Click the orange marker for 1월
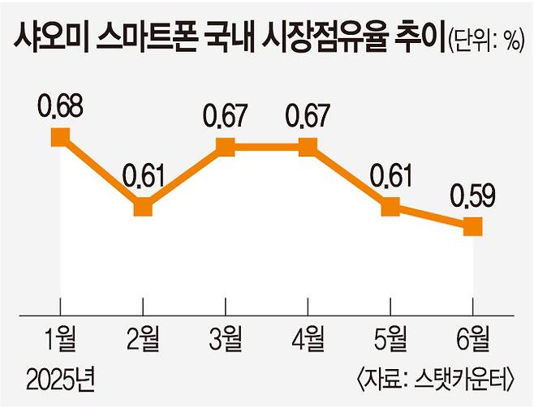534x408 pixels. (x=59, y=136)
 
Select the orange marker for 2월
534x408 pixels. (x=143, y=208)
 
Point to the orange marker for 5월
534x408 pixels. (x=390, y=208)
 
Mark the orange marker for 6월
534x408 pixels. (x=473, y=227)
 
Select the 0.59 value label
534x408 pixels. (x=473, y=197)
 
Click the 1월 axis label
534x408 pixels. (x=59, y=336)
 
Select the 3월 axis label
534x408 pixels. (x=226, y=336)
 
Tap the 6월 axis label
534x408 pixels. (x=473, y=336)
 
